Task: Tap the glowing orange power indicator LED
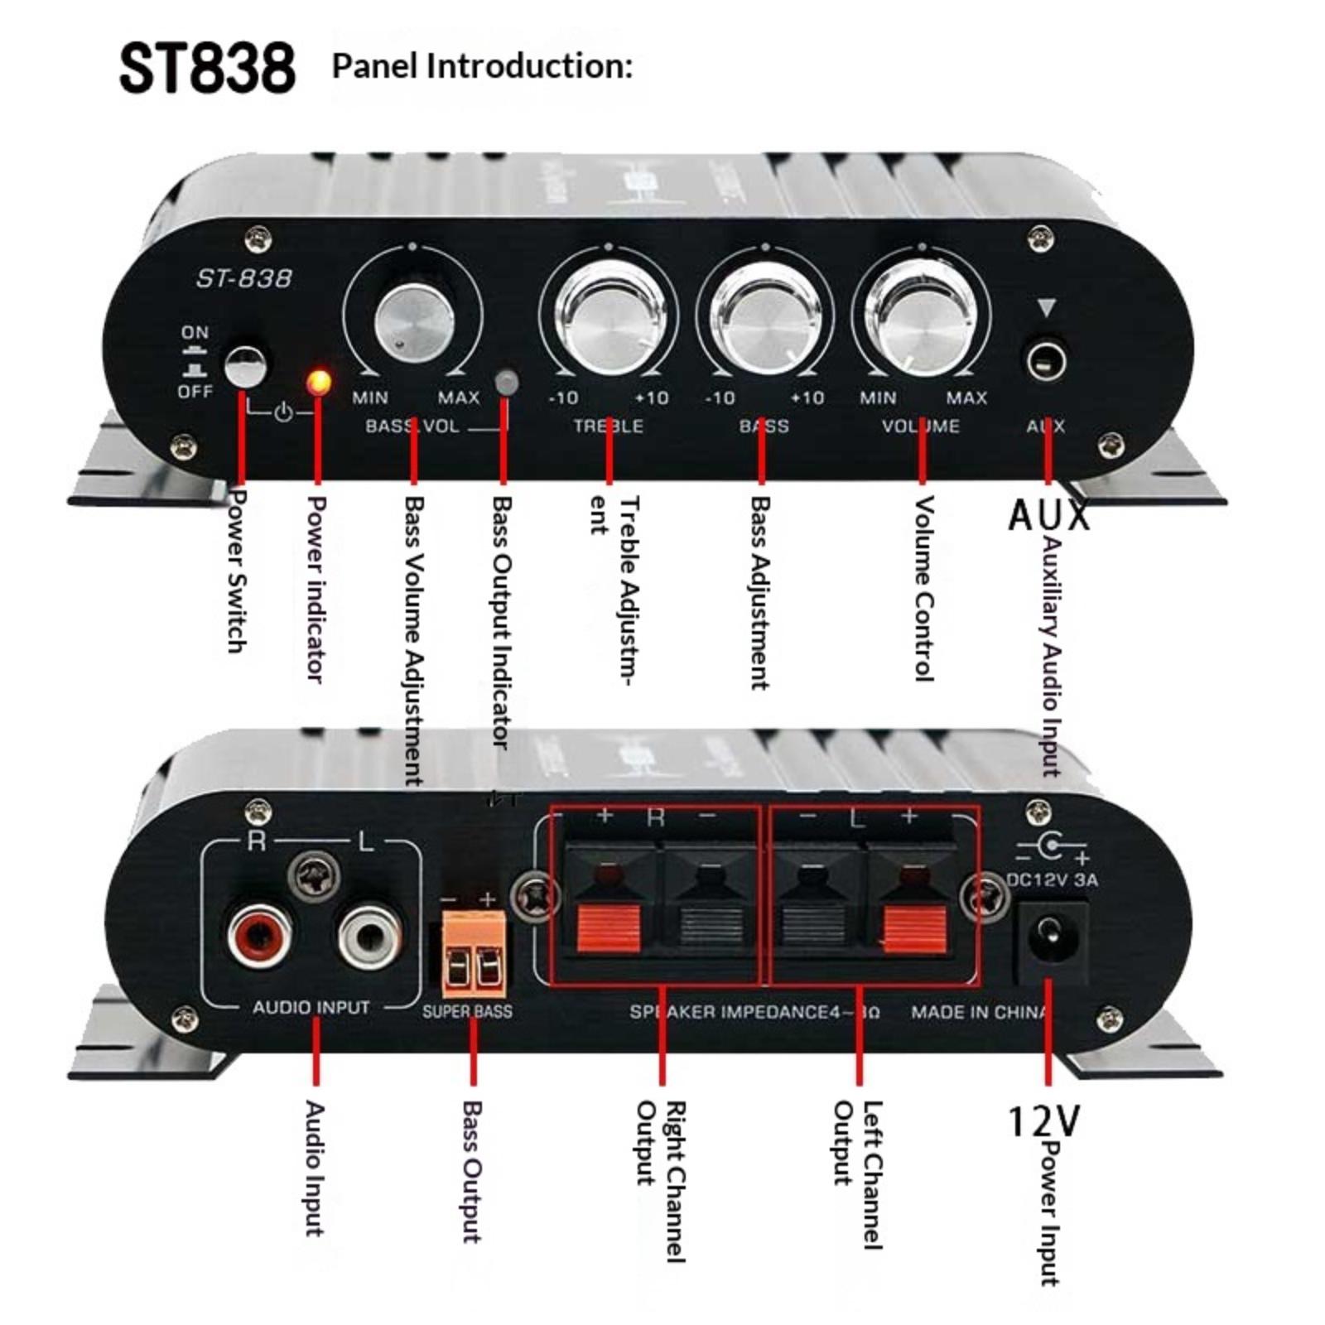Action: point(318,382)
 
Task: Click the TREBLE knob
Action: point(609,320)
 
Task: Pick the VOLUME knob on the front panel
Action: point(921,320)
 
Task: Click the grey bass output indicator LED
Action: point(505,383)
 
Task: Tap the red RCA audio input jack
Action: point(259,934)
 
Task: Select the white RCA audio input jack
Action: point(370,936)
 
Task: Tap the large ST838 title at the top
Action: point(207,68)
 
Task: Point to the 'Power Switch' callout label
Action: point(238,571)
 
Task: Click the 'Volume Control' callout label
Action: point(923,588)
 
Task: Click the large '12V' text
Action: point(1043,1121)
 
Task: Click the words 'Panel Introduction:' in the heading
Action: point(482,66)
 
